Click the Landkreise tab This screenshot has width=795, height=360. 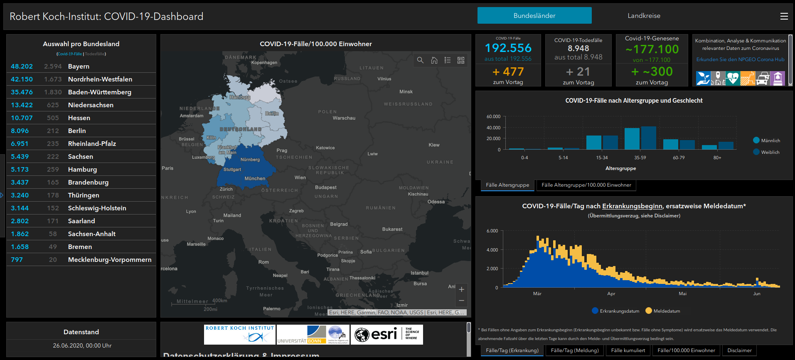pyautogui.click(x=644, y=16)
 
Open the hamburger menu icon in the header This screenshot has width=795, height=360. pyautogui.click(x=784, y=16)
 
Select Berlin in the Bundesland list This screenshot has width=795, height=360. pyautogui.click(x=77, y=131)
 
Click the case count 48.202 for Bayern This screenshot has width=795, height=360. pyautogui.click(x=22, y=67)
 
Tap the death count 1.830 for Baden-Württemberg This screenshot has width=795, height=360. pyautogui.click(x=53, y=92)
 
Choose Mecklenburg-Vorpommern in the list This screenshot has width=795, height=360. pyautogui.click(x=110, y=260)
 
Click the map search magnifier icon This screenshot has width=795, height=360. pyautogui.click(x=420, y=60)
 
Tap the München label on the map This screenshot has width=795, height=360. pyautogui.click(x=255, y=178)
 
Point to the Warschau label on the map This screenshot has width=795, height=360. pyautogui.click(x=344, y=118)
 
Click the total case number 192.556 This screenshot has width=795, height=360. pyautogui.click(x=508, y=48)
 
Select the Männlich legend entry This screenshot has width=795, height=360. pyautogui.click(x=770, y=141)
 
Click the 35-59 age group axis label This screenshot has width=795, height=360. pyautogui.click(x=640, y=158)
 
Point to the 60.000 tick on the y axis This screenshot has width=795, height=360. pyautogui.click(x=493, y=117)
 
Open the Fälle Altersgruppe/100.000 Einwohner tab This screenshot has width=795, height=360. pyautogui.click(x=586, y=185)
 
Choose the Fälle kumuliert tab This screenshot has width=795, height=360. pyautogui.click(x=628, y=350)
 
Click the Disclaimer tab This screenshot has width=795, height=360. pyautogui.click(x=739, y=350)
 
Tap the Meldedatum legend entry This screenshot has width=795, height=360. pyautogui.click(x=667, y=311)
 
